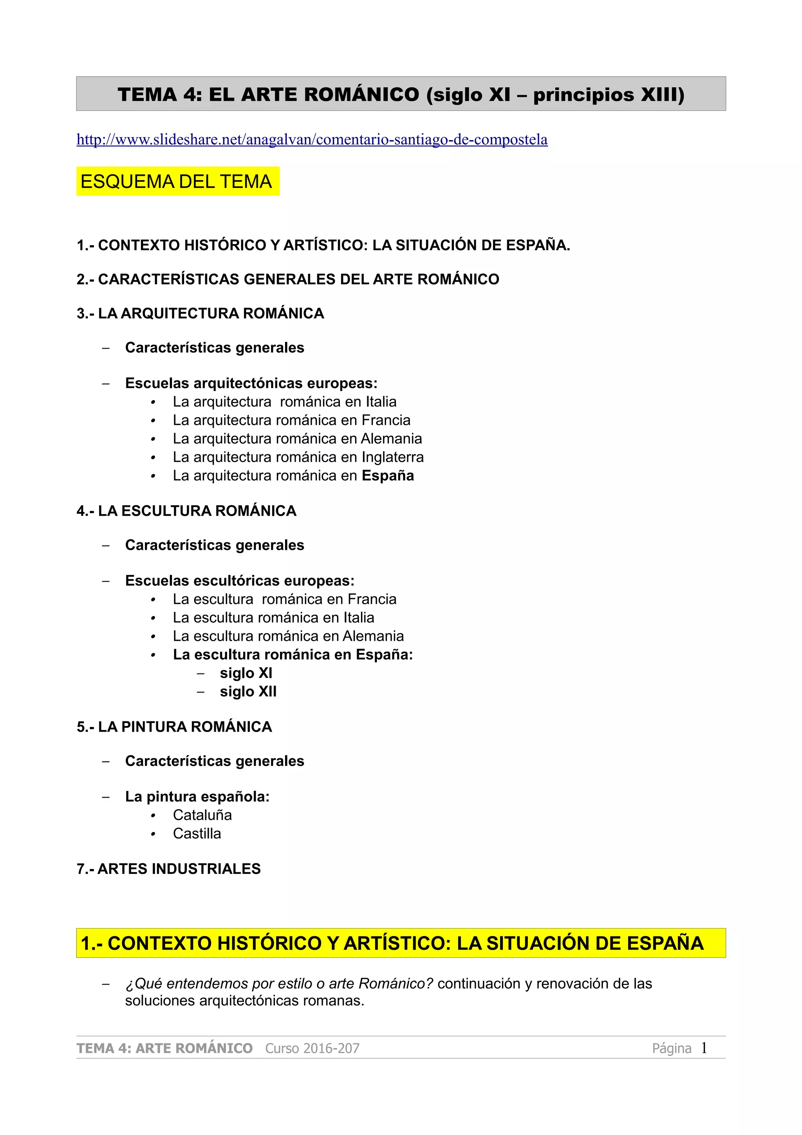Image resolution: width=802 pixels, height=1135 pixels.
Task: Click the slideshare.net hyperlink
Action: (x=312, y=140)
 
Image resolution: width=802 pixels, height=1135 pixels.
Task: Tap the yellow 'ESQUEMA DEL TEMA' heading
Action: (x=176, y=182)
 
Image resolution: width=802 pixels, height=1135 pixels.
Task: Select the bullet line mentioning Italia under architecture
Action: (x=285, y=401)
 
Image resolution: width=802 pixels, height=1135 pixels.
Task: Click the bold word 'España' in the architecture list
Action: (x=388, y=475)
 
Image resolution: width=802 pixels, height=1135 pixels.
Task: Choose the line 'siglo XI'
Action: (x=246, y=673)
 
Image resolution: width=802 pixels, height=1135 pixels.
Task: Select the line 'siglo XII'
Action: (x=248, y=691)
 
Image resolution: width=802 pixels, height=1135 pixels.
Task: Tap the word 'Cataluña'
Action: (x=202, y=815)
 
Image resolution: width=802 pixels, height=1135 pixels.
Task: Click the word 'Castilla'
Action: (x=197, y=833)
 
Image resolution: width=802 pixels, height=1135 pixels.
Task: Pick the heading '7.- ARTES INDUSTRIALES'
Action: (x=168, y=869)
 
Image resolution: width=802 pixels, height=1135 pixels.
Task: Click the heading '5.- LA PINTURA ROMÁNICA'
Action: (x=174, y=727)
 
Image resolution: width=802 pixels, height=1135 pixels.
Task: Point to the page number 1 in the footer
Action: (x=704, y=1048)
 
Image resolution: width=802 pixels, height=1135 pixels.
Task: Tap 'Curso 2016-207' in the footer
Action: (x=312, y=1048)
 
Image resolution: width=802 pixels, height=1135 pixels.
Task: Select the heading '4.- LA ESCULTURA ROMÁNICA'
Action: (x=186, y=511)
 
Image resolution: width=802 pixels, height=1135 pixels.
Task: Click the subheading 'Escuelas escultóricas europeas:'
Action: (x=240, y=580)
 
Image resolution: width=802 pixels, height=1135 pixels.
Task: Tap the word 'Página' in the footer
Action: (x=672, y=1048)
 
